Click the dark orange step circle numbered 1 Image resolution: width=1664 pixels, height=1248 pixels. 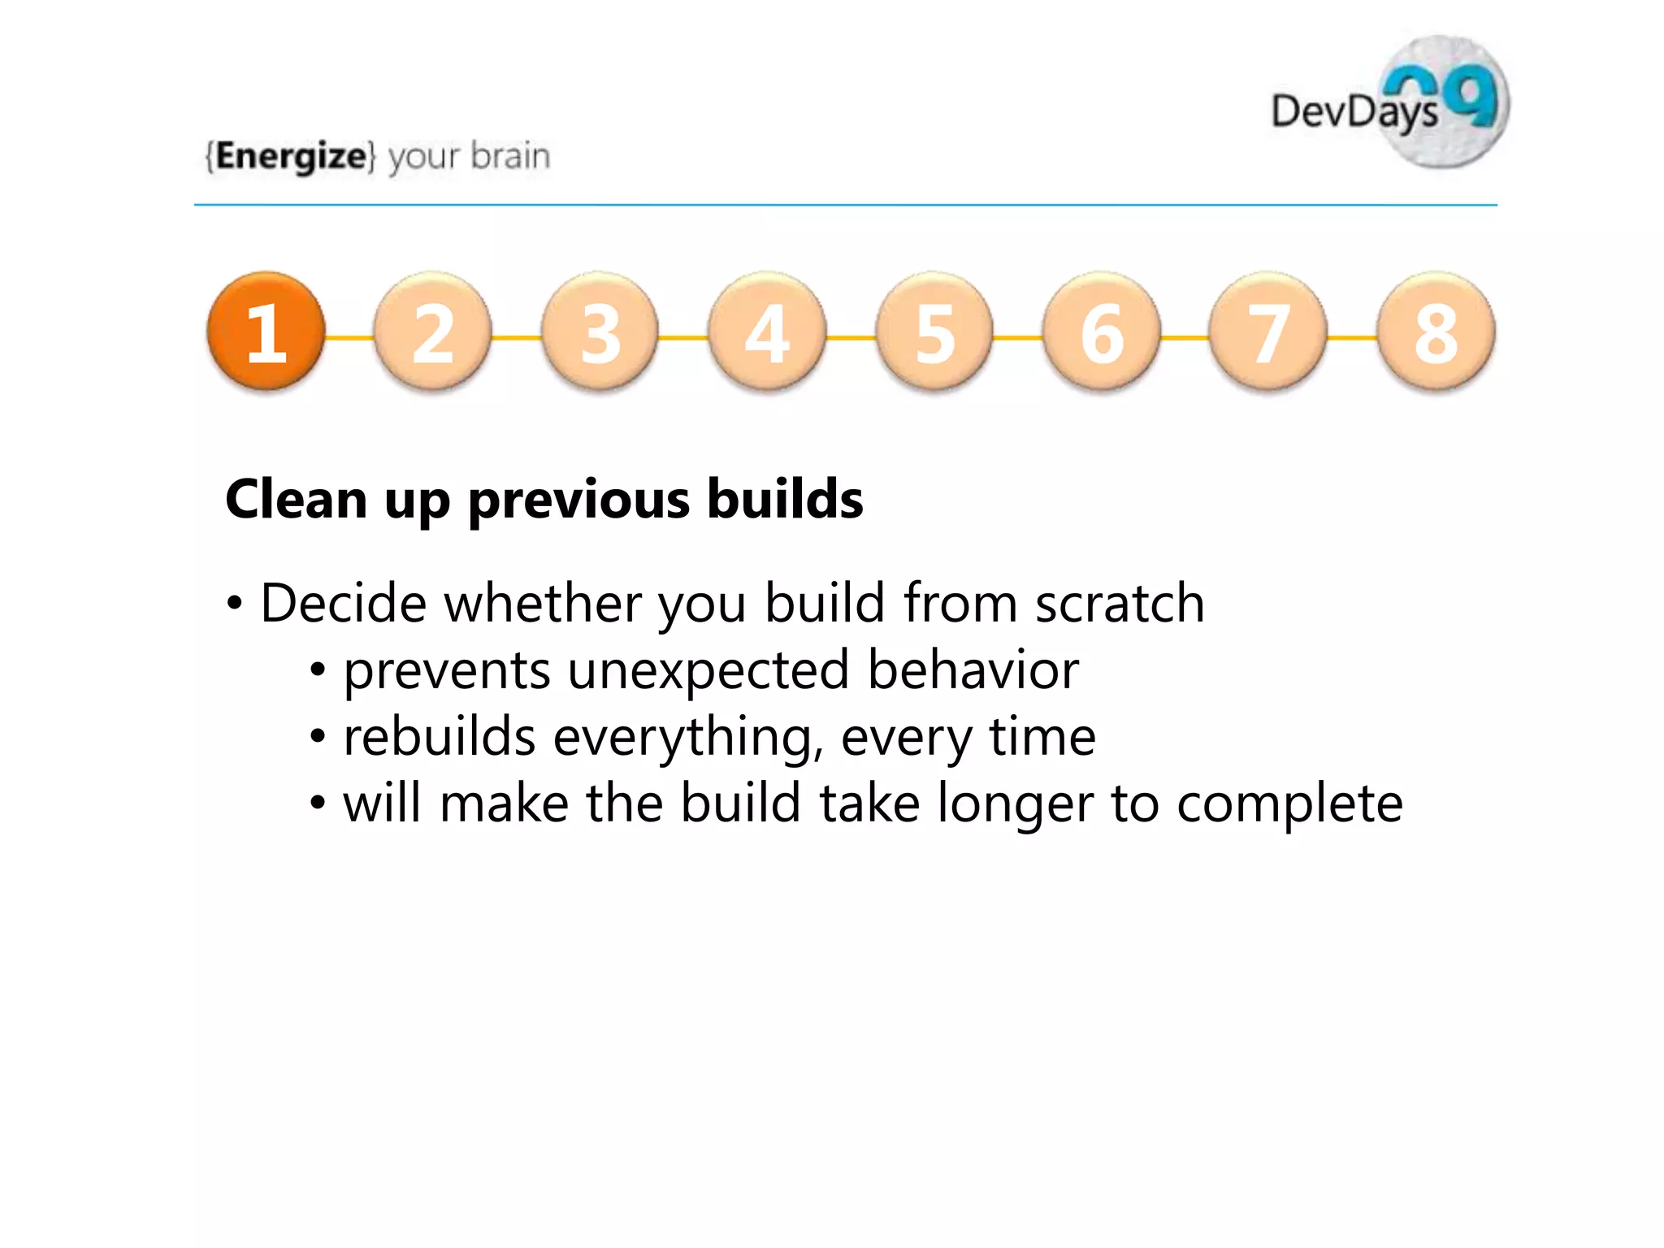click(x=266, y=331)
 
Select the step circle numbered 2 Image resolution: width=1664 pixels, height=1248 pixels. click(x=433, y=331)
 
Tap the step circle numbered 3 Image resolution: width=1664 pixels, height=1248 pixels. click(x=600, y=331)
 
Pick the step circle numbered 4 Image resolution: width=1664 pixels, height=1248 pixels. click(x=768, y=331)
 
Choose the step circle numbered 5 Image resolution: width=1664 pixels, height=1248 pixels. click(x=934, y=331)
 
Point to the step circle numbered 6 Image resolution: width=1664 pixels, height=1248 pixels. click(x=1102, y=331)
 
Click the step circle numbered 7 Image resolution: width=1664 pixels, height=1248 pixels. click(x=1269, y=331)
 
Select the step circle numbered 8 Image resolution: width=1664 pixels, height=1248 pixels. click(x=1436, y=331)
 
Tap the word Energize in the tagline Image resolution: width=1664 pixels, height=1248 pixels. click(x=291, y=156)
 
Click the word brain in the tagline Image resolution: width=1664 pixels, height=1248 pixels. click(x=510, y=155)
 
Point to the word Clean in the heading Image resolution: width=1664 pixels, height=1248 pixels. click(x=297, y=499)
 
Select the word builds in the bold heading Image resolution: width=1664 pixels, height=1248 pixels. click(x=785, y=499)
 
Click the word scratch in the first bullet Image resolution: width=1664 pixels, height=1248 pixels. click(x=1120, y=604)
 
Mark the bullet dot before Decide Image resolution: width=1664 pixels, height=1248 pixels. click(x=235, y=604)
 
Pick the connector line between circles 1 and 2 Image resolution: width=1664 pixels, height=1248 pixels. click(x=349, y=337)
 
